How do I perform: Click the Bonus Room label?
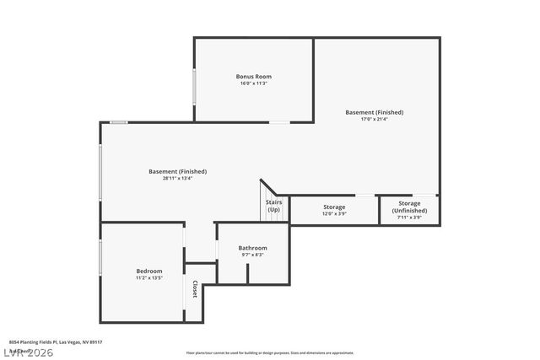[x=253, y=77]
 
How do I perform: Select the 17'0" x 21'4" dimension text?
[x=374, y=120]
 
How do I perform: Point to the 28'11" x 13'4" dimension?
[x=177, y=179]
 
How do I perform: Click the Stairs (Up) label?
[x=274, y=206]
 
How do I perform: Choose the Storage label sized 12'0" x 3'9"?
[x=335, y=207]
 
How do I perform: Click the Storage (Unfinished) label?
[x=409, y=207]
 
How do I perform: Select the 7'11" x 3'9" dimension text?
[x=409, y=218]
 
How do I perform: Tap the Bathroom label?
[x=253, y=248]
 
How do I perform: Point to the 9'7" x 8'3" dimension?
[x=253, y=255]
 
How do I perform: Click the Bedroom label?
[x=149, y=271]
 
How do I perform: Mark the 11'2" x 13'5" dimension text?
[x=149, y=278]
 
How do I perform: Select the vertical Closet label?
[x=194, y=289]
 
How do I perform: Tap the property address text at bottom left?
[x=56, y=342]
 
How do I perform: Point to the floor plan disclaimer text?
[x=270, y=352]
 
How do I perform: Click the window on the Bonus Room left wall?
[x=194, y=86]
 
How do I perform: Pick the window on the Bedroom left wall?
[x=100, y=257]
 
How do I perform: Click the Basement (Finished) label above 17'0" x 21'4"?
[x=374, y=112]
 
